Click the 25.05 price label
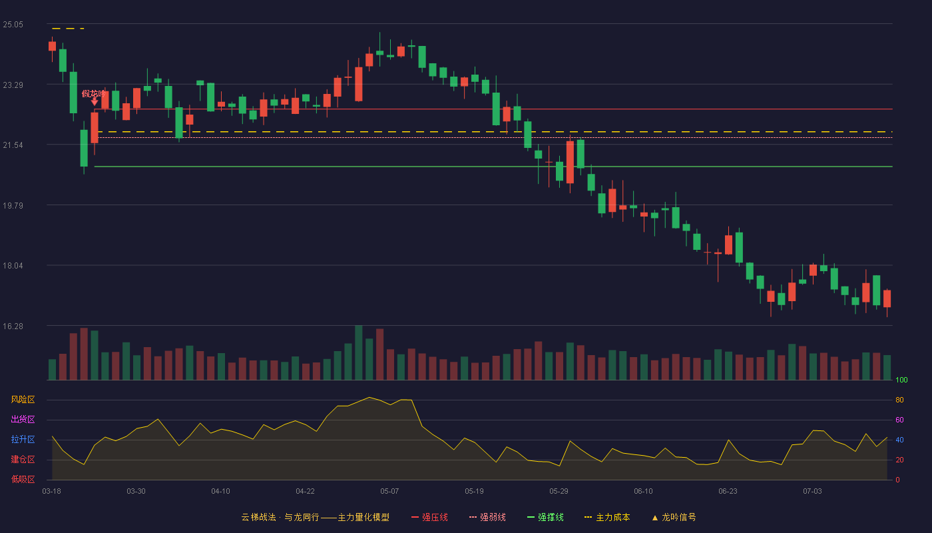pyautogui.click(x=13, y=25)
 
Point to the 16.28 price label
pyautogui.click(x=13, y=326)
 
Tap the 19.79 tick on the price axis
pyautogui.click(x=13, y=206)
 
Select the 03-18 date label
pyautogui.click(x=52, y=492)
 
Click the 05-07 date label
pyautogui.click(x=389, y=492)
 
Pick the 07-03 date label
pyautogui.click(x=812, y=492)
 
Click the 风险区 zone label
pyautogui.click(x=23, y=400)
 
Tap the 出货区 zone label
pyautogui.click(x=23, y=419)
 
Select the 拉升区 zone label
pyautogui.click(x=23, y=439)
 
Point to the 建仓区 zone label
pyautogui.click(x=23, y=459)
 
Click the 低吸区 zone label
pyautogui.click(x=23, y=479)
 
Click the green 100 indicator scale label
pyautogui.click(x=901, y=380)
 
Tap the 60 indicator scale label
pyautogui.click(x=899, y=420)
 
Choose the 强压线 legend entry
pyautogui.click(x=429, y=517)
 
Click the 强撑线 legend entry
pyautogui.click(x=545, y=517)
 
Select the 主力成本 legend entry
pyautogui.click(x=607, y=517)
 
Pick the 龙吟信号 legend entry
pyautogui.click(x=674, y=517)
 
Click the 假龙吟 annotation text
pyautogui.click(x=94, y=94)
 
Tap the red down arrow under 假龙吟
pyautogui.click(x=95, y=102)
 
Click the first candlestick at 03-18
pyautogui.click(x=52, y=46)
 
